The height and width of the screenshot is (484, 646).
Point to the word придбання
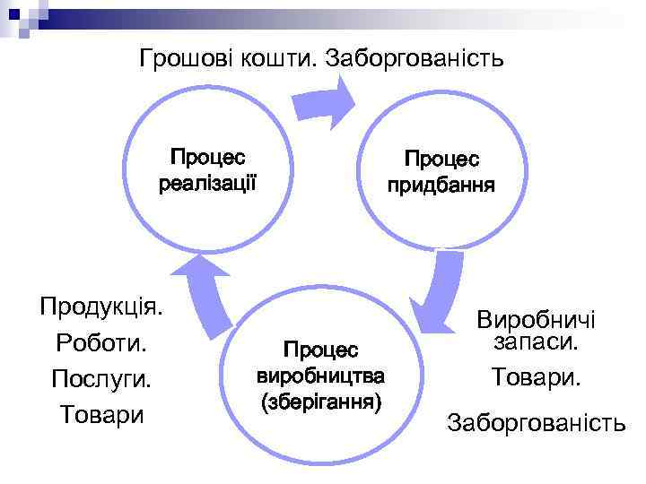point(441,186)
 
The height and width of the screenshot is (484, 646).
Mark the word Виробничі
point(537,321)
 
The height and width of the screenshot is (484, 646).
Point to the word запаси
point(537,342)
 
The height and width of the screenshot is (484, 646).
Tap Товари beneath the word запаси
point(537,377)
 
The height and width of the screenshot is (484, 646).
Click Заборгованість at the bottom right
point(537,421)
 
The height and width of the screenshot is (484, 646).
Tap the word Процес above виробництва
point(321,348)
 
